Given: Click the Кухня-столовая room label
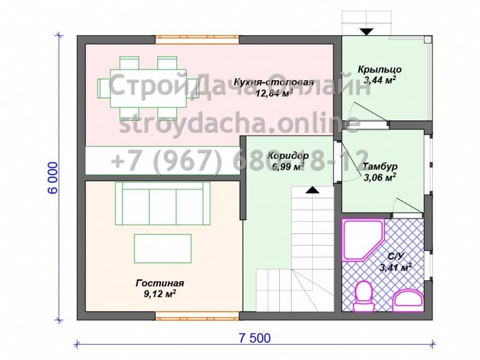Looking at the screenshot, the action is [274, 83].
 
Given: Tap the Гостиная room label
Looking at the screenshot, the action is [160, 283].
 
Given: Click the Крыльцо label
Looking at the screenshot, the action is [380, 70].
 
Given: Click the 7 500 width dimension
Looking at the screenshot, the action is [255, 338].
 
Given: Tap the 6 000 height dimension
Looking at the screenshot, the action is [53, 178].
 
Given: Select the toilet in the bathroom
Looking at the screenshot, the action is [363, 296].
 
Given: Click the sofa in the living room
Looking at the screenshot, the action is [163, 204].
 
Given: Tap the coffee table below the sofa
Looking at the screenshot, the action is [163, 249].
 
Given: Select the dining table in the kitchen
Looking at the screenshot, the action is [148, 88].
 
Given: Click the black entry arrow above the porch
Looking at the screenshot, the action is [366, 32].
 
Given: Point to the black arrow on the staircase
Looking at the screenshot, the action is [312, 190].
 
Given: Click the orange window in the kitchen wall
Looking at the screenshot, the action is [197, 40].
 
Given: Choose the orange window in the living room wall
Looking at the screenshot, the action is [197, 316].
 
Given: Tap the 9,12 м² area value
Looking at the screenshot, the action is [159, 294].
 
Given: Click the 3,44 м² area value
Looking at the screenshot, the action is [380, 80].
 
